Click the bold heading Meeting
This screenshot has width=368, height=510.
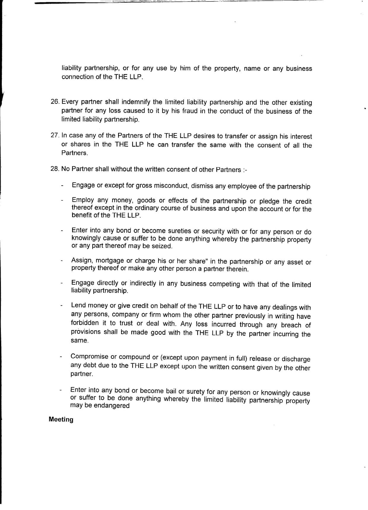coord(61,419)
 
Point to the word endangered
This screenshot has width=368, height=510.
coord(112,406)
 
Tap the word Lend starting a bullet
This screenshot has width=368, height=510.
coord(78,305)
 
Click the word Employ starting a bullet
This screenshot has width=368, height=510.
coord(83,200)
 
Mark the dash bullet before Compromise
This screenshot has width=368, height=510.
coord(61,357)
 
